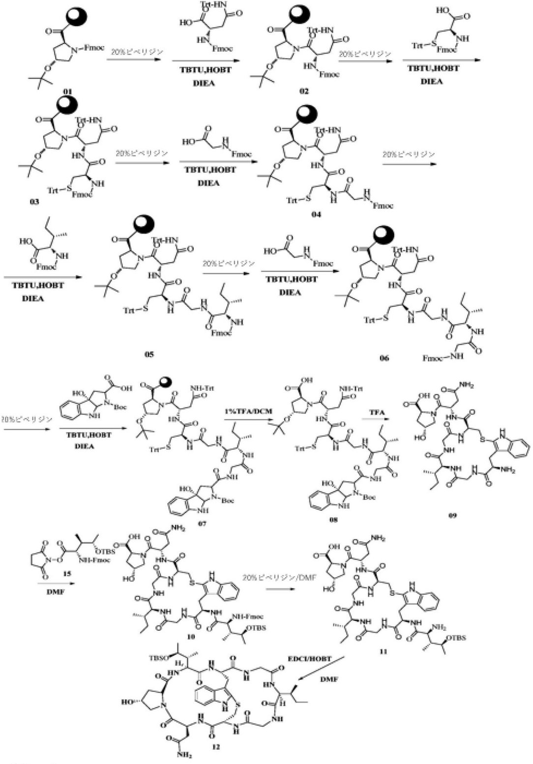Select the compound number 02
tap(303, 92)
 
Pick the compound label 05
tap(149, 353)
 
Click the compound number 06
tap(384, 358)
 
